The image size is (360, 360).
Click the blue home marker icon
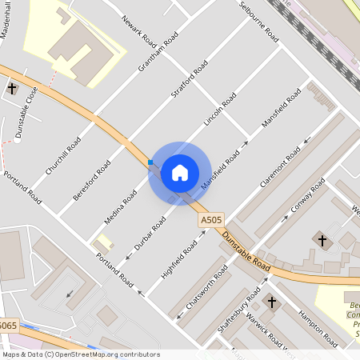(179, 173)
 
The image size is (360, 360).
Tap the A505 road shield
(211, 219)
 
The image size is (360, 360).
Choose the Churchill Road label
(63, 155)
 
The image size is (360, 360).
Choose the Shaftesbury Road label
(242, 308)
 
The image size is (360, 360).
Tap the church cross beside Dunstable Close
(12, 88)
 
